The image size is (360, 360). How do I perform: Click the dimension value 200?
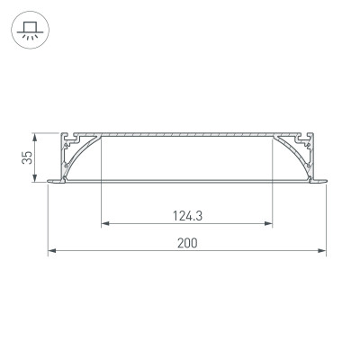coord(187,243)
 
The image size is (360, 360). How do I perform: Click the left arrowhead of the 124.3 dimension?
coord(104,223)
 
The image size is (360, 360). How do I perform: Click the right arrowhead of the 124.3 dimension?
coord(269,223)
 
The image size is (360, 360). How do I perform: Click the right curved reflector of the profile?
coord(289,158)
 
